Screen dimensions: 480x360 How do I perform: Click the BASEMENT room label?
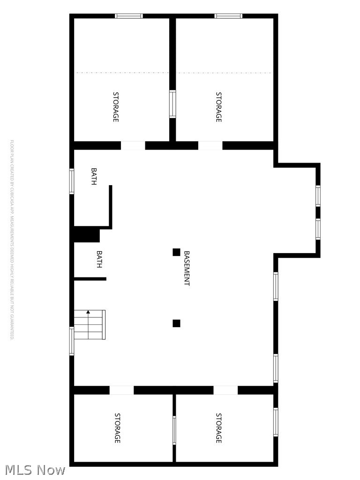tap(187, 268)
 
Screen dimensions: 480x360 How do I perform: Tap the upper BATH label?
tap(94, 177)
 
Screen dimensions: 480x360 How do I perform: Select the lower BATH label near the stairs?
tap(99, 259)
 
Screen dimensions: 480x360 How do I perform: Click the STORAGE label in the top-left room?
tap(116, 107)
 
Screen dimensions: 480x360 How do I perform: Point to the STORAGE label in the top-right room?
tap(218, 107)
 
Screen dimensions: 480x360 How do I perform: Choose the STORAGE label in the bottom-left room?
tap(118, 428)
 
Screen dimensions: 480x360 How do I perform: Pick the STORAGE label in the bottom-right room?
tap(218, 428)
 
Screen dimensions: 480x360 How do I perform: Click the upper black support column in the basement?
tap(176, 252)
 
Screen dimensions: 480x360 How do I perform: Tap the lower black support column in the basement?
tap(176, 323)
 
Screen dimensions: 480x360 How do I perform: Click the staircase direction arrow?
tap(88, 312)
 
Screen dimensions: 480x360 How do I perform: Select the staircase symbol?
tap(90, 325)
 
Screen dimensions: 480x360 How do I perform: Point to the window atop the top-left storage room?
tap(129, 16)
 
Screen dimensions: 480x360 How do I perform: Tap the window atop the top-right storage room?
tap(228, 16)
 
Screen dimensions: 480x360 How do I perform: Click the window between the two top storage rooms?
tap(172, 104)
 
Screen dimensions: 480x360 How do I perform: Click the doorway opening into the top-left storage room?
tap(133, 146)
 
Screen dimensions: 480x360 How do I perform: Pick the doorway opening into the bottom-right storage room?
tap(225, 390)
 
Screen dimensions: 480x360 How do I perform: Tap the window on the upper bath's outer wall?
tap(72, 181)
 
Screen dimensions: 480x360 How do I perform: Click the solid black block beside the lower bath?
tap(87, 234)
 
